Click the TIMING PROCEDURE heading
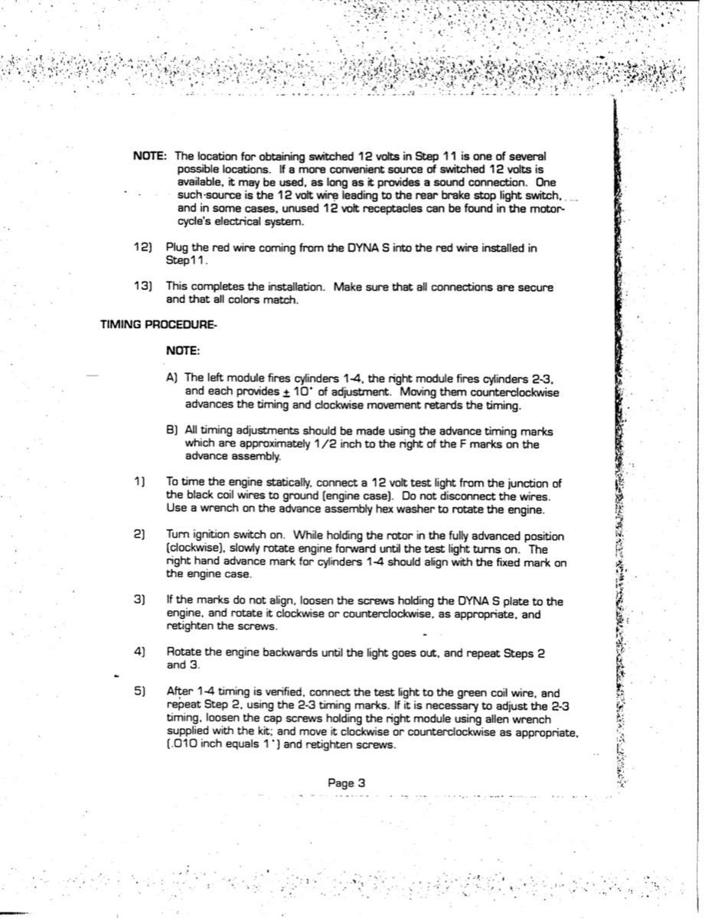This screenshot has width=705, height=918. pos(159,325)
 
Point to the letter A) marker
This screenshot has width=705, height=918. pos(172,378)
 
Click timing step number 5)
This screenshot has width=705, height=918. pos(140,691)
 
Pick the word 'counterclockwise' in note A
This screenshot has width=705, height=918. pos(516,392)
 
